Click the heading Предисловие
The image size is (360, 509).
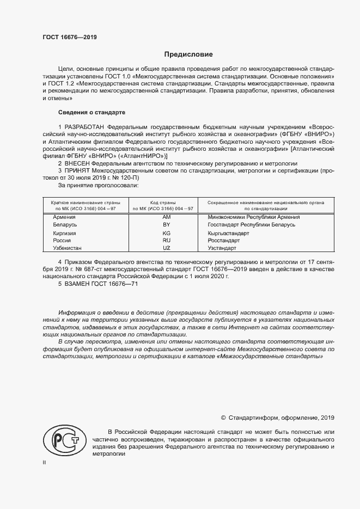189,54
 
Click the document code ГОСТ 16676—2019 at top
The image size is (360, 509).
70,38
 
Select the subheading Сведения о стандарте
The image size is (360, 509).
91,112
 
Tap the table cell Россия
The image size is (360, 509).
62,240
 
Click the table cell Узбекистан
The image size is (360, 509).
67,248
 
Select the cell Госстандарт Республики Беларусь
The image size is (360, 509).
251,224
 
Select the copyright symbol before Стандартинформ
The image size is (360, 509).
223,418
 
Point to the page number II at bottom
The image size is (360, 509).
45,463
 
